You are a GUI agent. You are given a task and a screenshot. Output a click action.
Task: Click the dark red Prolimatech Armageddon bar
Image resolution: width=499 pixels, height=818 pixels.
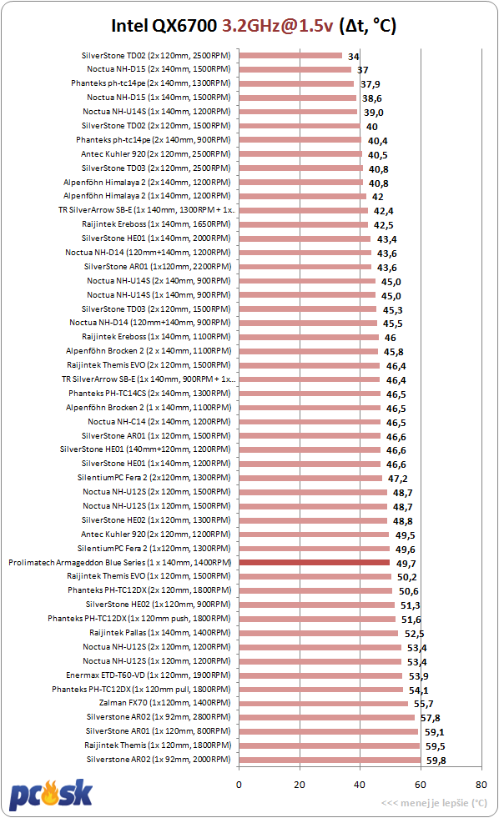tap(315, 562)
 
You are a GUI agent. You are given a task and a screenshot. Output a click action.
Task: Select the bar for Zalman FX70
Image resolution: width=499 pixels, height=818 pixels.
tap(324, 703)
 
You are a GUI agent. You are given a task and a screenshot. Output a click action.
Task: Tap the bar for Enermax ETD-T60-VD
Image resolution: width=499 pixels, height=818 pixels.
tap(320, 675)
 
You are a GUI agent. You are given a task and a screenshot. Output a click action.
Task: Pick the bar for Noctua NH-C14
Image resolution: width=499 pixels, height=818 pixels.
tap(310, 422)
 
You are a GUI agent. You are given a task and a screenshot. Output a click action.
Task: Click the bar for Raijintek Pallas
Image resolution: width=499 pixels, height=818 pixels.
tap(319, 633)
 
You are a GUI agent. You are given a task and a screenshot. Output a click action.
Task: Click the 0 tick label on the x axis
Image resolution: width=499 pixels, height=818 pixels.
tap(239, 784)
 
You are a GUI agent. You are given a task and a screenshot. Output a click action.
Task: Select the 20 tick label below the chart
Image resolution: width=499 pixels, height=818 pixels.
tap(300, 784)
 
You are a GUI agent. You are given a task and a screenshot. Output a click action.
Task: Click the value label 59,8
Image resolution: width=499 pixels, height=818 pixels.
tap(436, 760)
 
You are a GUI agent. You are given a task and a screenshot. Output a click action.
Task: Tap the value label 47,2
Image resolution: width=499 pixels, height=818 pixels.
tap(398, 479)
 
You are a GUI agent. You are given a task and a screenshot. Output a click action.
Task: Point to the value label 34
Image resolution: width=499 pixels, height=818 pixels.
tap(353, 57)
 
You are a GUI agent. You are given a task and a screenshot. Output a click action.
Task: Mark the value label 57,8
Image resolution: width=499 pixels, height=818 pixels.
tap(430, 718)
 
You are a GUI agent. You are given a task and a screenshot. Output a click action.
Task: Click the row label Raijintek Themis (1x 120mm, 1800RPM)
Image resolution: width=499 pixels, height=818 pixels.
tap(158, 745)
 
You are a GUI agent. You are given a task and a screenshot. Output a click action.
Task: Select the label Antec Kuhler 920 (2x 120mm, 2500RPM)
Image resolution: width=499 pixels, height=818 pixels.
tap(155, 154)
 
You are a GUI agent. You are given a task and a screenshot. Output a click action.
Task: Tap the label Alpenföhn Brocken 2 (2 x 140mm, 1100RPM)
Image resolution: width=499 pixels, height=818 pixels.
tap(149, 351)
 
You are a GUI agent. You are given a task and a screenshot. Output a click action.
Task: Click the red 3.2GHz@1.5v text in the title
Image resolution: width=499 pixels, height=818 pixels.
tap(277, 26)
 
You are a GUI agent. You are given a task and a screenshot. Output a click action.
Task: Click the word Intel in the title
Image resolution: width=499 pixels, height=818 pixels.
tap(129, 26)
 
